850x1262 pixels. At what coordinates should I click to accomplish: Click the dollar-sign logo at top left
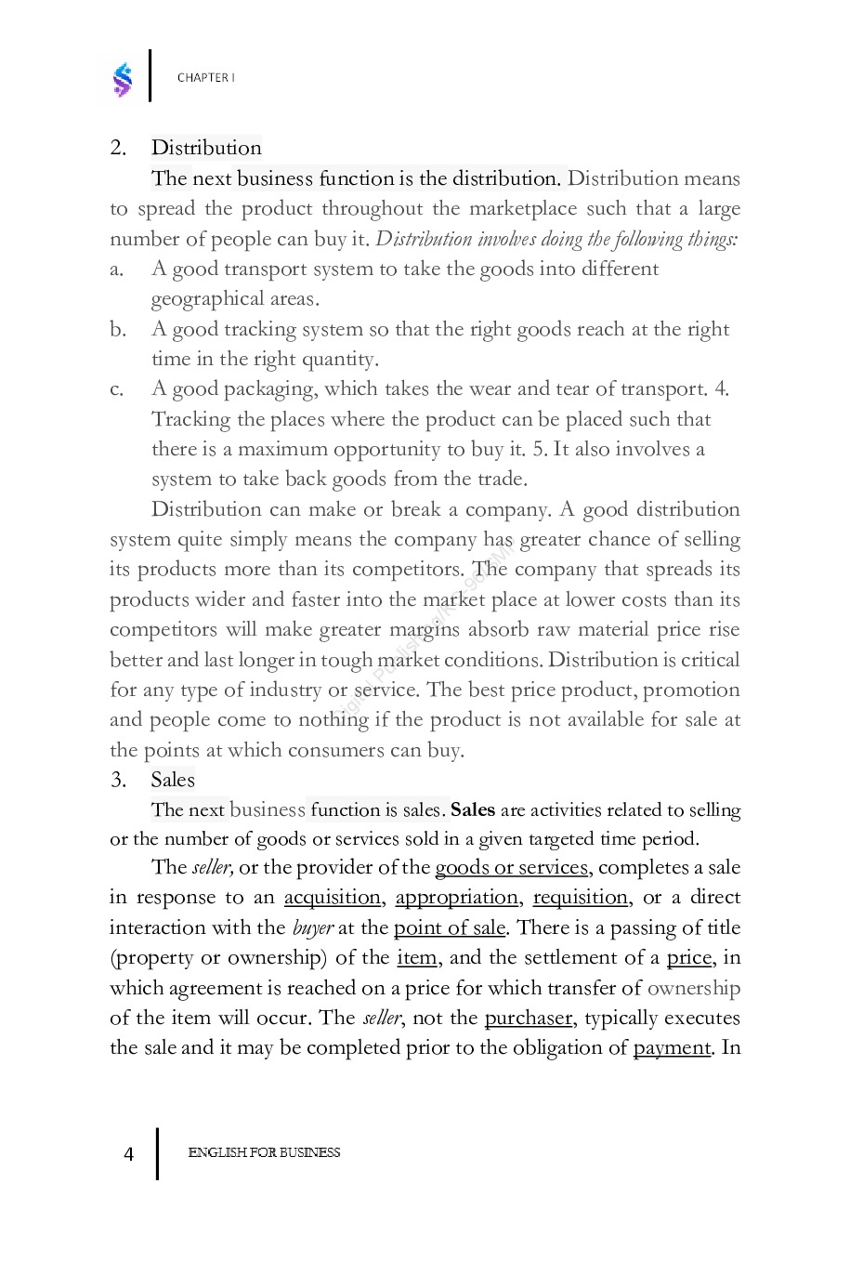[x=123, y=80]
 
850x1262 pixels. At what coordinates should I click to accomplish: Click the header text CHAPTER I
[x=205, y=78]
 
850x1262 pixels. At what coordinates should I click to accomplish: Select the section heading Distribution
[x=206, y=148]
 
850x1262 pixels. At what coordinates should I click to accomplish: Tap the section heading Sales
[x=173, y=780]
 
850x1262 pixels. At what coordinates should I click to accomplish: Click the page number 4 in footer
[x=128, y=1154]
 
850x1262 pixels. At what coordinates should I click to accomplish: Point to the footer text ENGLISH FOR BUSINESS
[x=264, y=1153]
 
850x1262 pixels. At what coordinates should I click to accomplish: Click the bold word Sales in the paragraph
[x=473, y=809]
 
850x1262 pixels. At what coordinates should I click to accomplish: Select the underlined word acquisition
[x=333, y=898]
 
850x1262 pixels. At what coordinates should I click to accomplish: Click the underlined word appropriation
[x=457, y=898]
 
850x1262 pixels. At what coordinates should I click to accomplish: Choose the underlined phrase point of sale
[x=450, y=927]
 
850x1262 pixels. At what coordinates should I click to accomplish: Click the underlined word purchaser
[x=529, y=1018]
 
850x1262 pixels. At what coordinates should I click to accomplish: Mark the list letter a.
[x=117, y=269]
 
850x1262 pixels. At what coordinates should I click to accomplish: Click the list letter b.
[x=117, y=330]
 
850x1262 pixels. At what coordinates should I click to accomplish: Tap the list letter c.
[x=117, y=389]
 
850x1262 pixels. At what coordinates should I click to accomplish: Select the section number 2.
[x=118, y=148]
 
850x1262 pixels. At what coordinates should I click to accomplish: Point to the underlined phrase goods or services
[x=512, y=867]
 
